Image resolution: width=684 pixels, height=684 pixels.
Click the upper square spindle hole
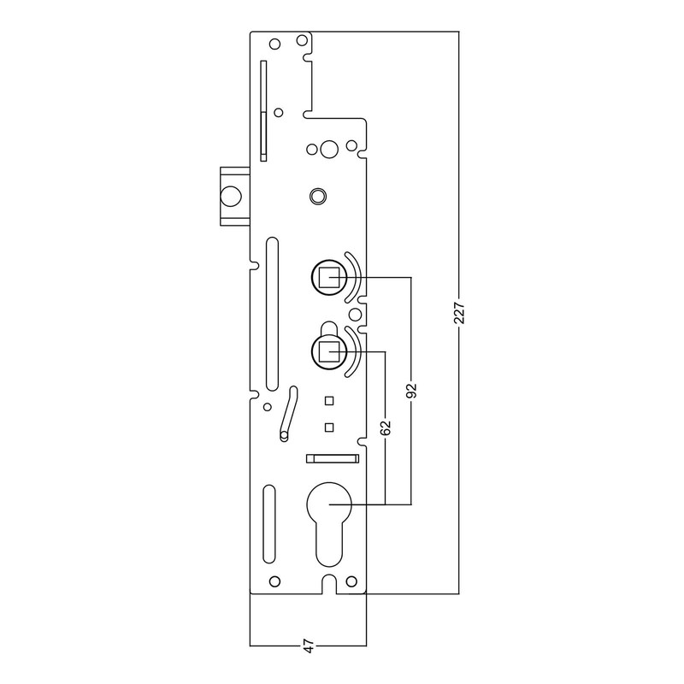tap(327, 278)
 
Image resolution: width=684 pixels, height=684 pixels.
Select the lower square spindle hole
tap(327, 351)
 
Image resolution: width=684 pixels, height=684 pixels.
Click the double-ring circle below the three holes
tap(317, 195)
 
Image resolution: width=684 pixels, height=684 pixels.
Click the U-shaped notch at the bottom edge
tap(329, 584)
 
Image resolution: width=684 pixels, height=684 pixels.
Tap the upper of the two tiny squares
tap(327, 401)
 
